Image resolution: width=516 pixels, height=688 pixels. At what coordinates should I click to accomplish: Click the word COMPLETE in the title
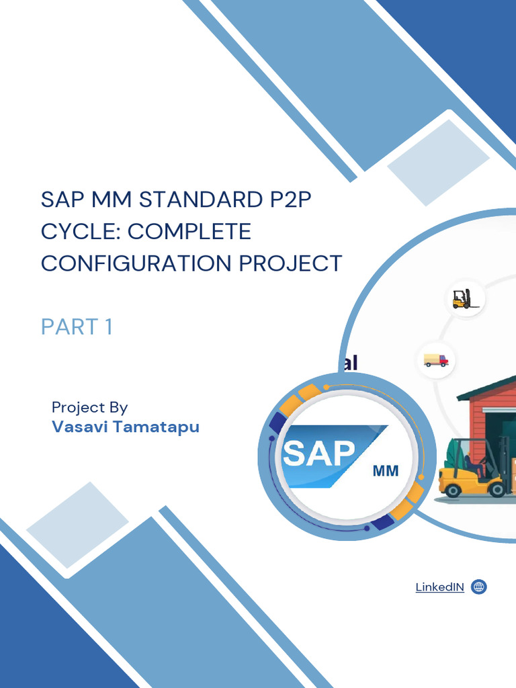[x=189, y=232]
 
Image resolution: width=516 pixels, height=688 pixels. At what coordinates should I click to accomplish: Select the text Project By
[x=89, y=407]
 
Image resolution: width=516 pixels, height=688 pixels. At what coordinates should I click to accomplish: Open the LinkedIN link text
[x=439, y=587]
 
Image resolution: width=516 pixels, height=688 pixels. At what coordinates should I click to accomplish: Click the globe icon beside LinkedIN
[x=478, y=587]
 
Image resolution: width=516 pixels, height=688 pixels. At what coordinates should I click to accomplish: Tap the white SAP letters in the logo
[x=319, y=454]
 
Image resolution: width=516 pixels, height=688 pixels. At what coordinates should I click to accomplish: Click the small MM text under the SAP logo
[x=385, y=471]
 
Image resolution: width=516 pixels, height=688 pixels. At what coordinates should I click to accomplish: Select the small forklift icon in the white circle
[x=462, y=298]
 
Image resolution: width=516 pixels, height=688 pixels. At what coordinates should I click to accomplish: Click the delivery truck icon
[x=436, y=360]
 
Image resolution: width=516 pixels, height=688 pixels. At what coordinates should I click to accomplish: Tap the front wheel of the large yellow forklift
[x=454, y=490]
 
